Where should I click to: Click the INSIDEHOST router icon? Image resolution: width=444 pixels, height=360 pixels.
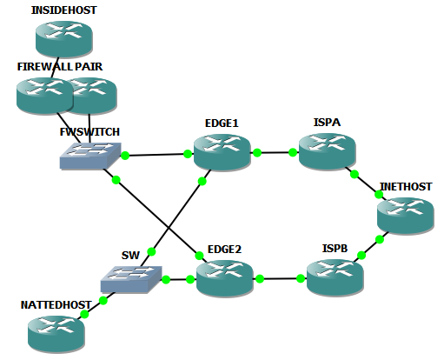point(63,37)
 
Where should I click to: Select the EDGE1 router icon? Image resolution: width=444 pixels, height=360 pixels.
point(222,153)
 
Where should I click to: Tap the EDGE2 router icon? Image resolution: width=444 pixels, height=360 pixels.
point(224,278)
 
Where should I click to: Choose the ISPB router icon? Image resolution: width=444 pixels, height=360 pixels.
point(335,277)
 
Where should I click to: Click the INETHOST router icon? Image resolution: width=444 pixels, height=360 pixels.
point(404,215)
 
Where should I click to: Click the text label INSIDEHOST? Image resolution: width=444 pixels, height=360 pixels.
point(63,10)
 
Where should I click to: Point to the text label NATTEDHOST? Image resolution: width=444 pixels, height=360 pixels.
point(56,305)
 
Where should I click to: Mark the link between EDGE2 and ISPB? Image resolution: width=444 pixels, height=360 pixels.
point(279,279)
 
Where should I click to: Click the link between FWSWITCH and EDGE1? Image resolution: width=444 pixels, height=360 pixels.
point(156,155)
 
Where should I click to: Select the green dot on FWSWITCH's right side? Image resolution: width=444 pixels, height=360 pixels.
point(126,156)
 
